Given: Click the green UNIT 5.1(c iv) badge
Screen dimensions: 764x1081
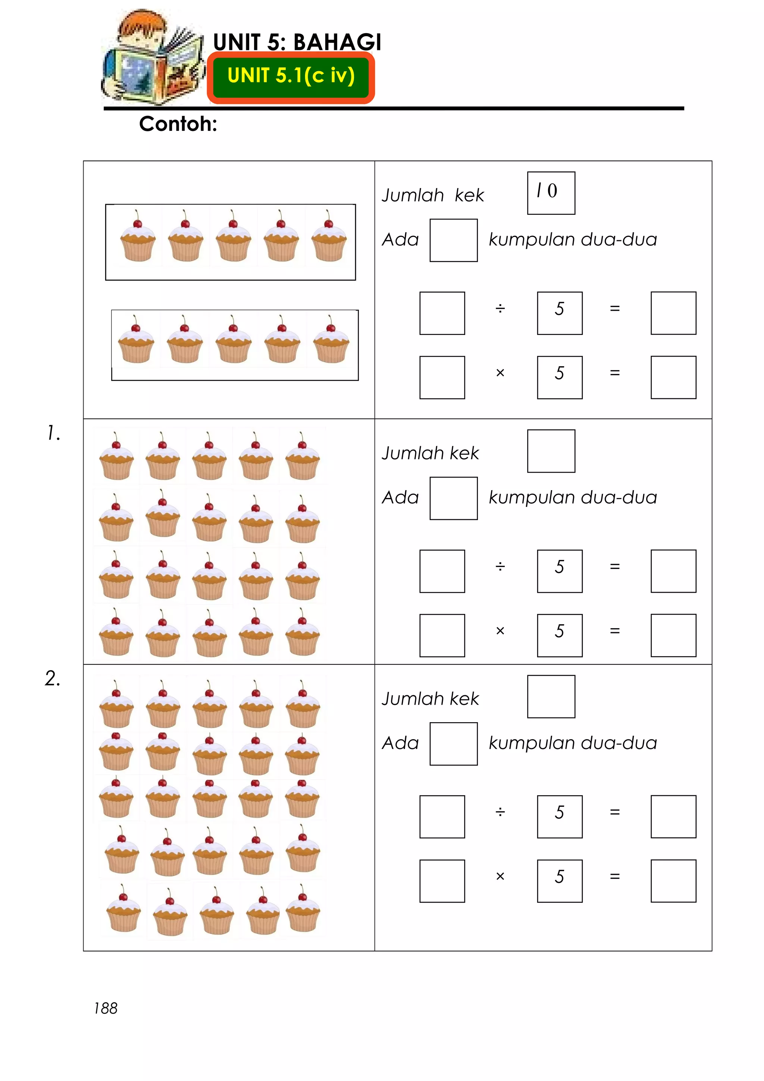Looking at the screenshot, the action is pyautogui.click(x=291, y=77).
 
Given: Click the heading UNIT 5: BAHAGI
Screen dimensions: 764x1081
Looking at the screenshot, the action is pyautogui.click(x=297, y=42).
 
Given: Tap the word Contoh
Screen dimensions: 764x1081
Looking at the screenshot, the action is pyautogui.click(x=178, y=124).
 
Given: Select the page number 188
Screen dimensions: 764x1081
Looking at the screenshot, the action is pyautogui.click(x=106, y=1008).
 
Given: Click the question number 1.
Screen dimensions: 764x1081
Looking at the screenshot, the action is pyautogui.click(x=54, y=433).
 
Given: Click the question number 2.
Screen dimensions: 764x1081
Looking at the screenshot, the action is pyautogui.click(x=53, y=679).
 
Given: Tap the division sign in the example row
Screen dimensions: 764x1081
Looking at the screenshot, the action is pyautogui.click(x=500, y=308).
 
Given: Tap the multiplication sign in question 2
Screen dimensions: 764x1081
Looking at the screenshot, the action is pyautogui.click(x=500, y=876).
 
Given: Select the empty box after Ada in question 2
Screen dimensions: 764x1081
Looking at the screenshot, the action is pyautogui.click(x=453, y=744).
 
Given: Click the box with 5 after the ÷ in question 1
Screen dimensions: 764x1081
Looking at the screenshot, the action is pyautogui.click(x=560, y=571).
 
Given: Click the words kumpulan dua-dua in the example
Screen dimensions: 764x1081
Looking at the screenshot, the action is pyautogui.click(x=572, y=239).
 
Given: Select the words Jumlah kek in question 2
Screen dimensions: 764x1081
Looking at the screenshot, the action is pyautogui.click(x=430, y=699).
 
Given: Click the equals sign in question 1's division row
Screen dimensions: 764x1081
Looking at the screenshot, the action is pyautogui.click(x=614, y=566).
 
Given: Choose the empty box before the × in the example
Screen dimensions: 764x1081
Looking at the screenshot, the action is pyautogui.click(x=442, y=377).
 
